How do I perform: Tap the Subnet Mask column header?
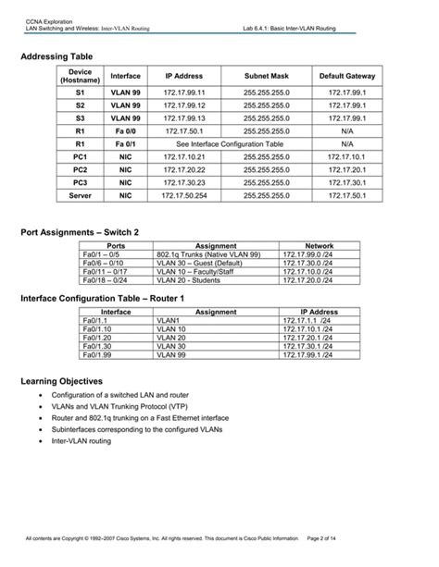tap(267, 75)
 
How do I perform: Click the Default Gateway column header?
tap(346, 75)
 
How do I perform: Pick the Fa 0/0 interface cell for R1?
tap(125, 131)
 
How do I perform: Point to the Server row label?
tap(80, 195)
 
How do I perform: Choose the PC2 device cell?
tap(80, 170)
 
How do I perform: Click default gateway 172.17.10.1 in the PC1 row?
tap(346, 157)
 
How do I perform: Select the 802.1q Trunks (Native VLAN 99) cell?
tap(209, 253)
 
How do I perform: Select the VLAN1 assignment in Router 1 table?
tap(172, 321)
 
